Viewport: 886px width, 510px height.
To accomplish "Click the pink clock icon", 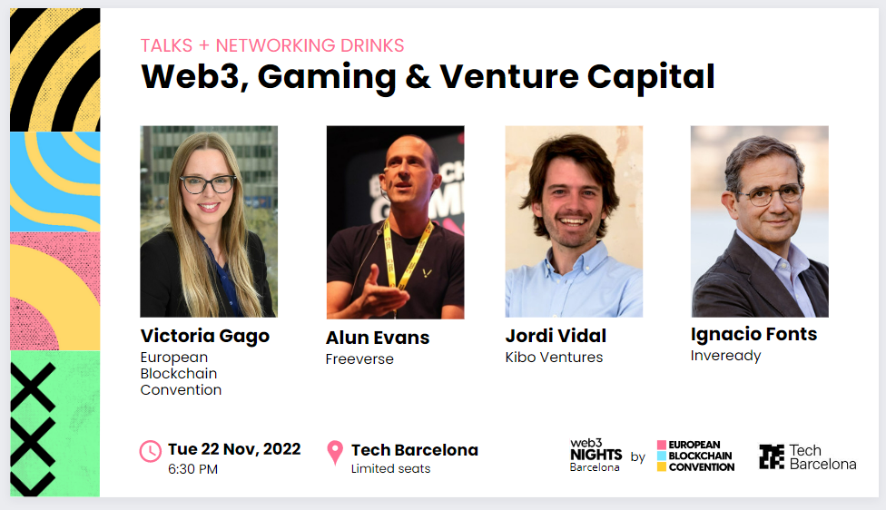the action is coord(151,451).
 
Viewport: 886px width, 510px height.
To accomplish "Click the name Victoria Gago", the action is coord(204,336).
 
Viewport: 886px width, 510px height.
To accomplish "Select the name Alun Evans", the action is coord(378,338).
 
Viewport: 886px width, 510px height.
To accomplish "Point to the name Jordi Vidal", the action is coord(556,336).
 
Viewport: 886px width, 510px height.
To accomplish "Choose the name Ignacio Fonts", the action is coord(753,334).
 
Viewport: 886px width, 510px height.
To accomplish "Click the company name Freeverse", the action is coord(359,359).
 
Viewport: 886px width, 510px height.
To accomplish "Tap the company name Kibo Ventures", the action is coord(554,358).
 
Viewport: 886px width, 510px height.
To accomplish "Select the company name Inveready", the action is coord(725,356).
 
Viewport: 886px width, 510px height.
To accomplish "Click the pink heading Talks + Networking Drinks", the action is coord(272,45).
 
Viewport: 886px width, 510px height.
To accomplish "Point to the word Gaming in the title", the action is coord(327,77).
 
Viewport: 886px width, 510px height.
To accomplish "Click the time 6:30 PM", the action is coord(192,469).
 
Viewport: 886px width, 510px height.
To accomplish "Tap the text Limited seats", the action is coord(390,469).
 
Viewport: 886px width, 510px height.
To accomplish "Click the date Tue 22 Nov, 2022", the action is coord(234,449).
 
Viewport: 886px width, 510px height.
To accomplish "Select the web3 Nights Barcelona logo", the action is coord(596,456).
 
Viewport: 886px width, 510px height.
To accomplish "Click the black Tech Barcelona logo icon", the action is coord(772,456).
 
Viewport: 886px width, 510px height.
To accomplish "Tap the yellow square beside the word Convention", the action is coord(662,466).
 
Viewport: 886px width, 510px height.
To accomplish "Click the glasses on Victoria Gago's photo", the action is coord(208,183).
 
